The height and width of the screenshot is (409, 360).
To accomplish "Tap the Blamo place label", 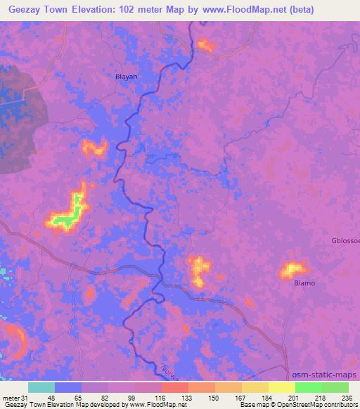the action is coord(304,283).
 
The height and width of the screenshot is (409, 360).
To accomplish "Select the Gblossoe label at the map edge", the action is coord(345,241).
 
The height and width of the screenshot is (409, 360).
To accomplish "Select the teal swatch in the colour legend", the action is coord(41,387).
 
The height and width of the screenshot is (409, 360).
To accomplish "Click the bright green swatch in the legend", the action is coord(309,387).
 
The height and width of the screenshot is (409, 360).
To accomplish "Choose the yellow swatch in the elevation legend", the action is coord(282,387).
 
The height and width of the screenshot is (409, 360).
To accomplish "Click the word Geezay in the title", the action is coord(28,9).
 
